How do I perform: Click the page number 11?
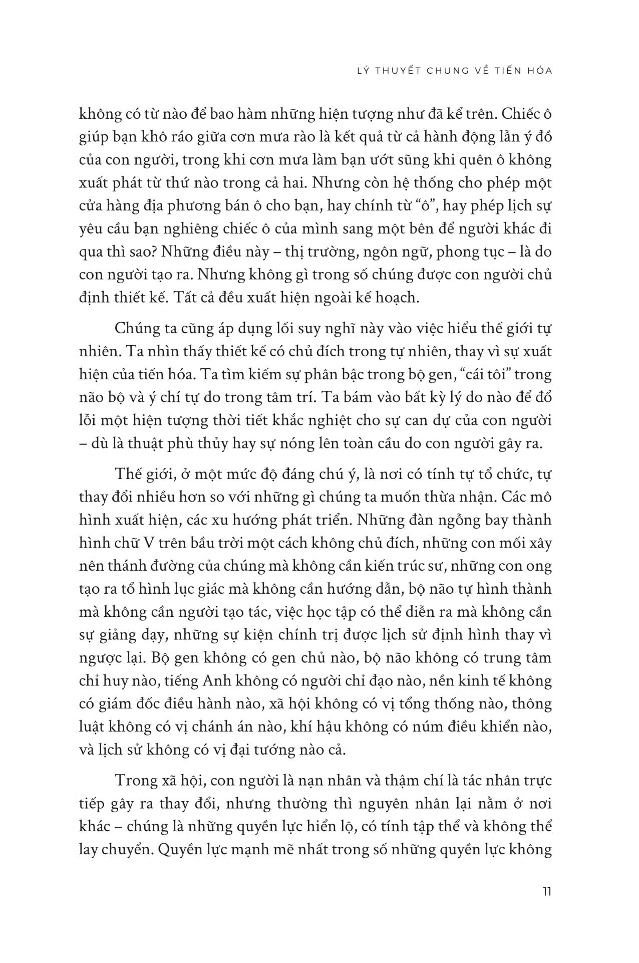(546, 891)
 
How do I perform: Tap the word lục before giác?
(201, 589)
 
